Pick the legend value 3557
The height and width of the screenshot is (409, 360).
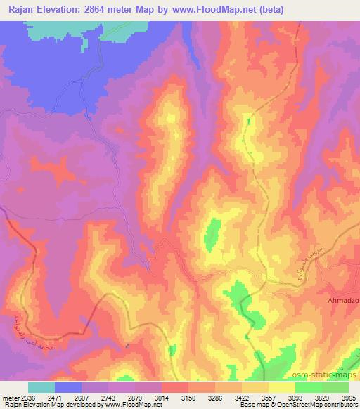pos(268,397)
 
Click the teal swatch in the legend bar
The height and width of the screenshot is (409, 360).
pos(41,387)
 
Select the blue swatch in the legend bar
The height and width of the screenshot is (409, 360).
pos(68,387)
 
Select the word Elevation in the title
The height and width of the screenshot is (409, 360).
pos(69,9)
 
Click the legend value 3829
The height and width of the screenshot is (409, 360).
pos(322,397)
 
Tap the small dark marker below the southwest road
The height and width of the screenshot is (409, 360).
pos(127,345)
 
